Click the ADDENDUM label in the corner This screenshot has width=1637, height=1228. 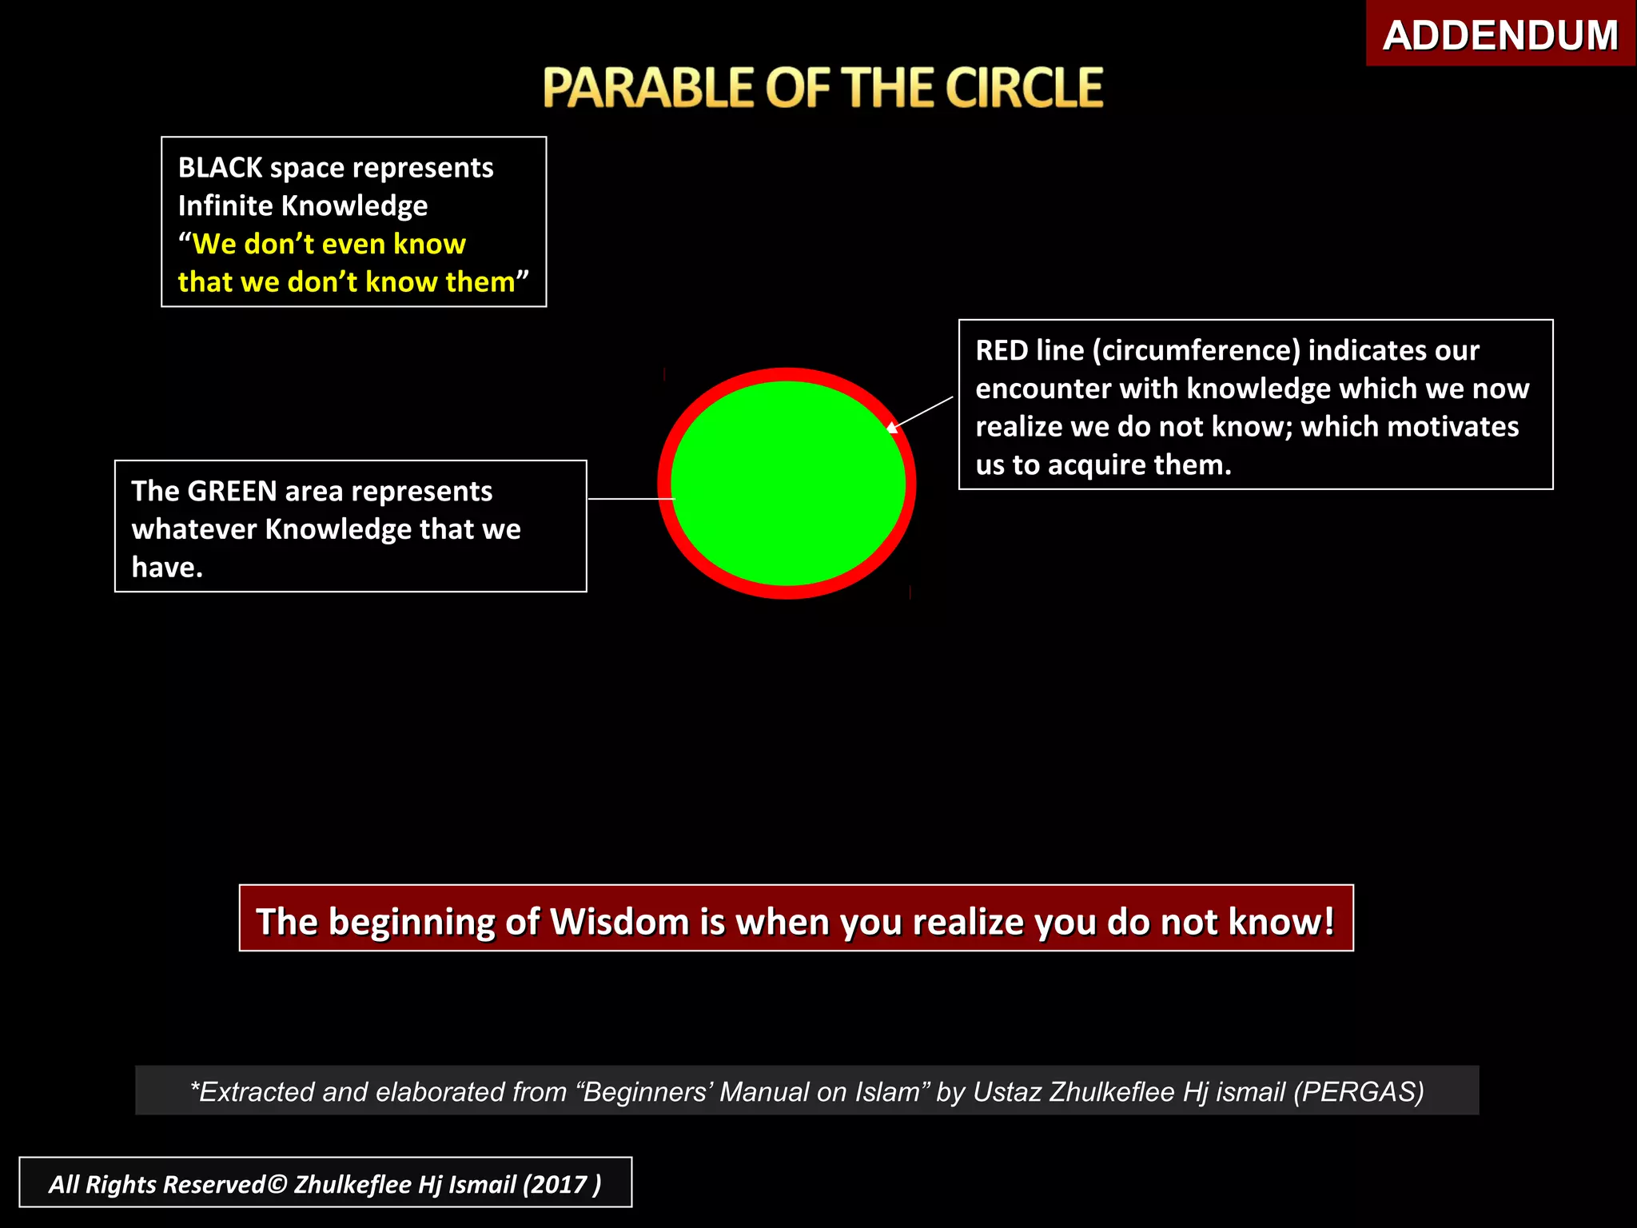(x=1500, y=36)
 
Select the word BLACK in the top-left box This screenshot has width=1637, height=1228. (x=220, y=168)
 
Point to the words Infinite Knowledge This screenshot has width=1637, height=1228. (x=302, y=206)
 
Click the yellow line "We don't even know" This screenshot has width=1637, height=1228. (x=322, y=244)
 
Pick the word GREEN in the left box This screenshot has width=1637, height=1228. (x=232, y=491)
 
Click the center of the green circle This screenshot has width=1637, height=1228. (x=787, y=483)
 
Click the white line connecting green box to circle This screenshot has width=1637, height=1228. (x=631, y=498)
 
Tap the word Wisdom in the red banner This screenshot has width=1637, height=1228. (x=619, y=921)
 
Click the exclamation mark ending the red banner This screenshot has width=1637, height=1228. (x=1328, y=921)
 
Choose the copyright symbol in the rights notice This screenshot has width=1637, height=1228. (x=277, y=1183)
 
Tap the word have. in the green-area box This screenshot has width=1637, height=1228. (x=167, y=568)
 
